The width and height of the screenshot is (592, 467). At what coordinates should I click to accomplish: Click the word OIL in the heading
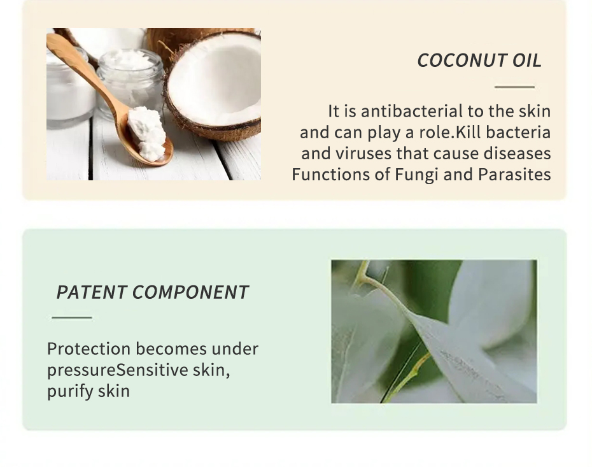point(527,61)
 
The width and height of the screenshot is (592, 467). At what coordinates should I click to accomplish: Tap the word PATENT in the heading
point(91,292)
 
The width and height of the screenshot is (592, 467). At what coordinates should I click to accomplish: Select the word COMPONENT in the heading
point(190,292)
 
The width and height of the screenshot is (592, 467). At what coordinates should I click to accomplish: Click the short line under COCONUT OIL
point(514,87)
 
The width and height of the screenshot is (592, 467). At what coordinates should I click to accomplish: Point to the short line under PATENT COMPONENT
point(72,317)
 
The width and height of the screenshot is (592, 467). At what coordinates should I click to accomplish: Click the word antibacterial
point(411,111)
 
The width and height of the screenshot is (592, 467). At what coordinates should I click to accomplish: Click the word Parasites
point(514,175)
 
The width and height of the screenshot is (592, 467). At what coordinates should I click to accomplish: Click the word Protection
point(88,348)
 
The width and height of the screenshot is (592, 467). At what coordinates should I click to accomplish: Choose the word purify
point(70,391)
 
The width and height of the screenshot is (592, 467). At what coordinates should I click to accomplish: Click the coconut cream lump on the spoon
point(146,133)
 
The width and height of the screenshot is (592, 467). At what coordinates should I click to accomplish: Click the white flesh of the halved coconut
point(215,83)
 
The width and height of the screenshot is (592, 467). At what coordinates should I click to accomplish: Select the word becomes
point(171,348)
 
